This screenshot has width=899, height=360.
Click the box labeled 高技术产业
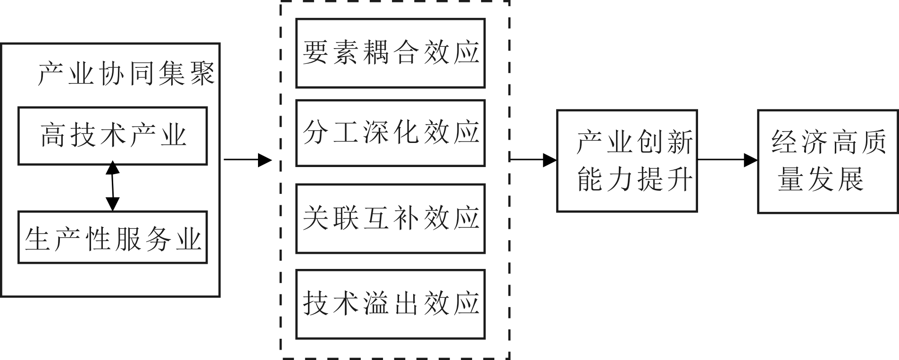pos(112,136)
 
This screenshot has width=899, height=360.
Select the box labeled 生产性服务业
pos(112,237)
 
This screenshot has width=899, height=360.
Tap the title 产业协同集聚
pos(126,74)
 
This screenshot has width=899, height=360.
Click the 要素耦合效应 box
pos(390,53)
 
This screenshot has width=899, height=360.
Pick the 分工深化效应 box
pos(390,133)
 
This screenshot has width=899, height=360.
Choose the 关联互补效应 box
pos(390,218)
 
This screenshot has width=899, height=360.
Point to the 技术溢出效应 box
pos(390,304)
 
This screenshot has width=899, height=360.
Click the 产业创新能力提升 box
pos(626,161)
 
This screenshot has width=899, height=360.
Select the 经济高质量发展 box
pos(827,161)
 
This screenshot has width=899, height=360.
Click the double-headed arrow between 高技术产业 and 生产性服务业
pos(112,186)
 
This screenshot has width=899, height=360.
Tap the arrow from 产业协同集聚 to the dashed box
pos(248,160)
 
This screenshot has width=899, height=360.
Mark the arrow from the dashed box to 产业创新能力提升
pos(533,160)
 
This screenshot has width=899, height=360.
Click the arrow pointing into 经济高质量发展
pos(727,160)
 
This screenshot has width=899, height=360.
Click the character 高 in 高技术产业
pos(53,135)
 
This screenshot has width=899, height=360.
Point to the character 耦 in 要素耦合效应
pos(376,52)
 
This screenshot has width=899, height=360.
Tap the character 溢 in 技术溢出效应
pos(376,303)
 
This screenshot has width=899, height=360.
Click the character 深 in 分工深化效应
pos(376,132)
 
